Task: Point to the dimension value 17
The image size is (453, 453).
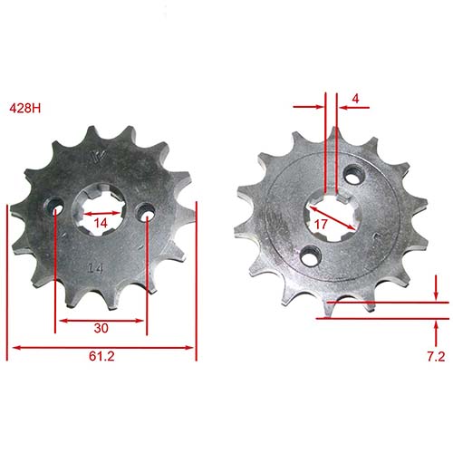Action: click(320, 224)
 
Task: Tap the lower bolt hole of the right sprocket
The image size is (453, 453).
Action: click(310, 255)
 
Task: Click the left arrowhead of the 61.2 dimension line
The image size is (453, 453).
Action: click(14, 346)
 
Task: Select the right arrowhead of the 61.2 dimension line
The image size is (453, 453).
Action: click(191, 346)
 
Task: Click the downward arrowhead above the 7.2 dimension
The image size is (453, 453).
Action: click(437, 296)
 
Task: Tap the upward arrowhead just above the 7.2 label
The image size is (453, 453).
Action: click(437, 324)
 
